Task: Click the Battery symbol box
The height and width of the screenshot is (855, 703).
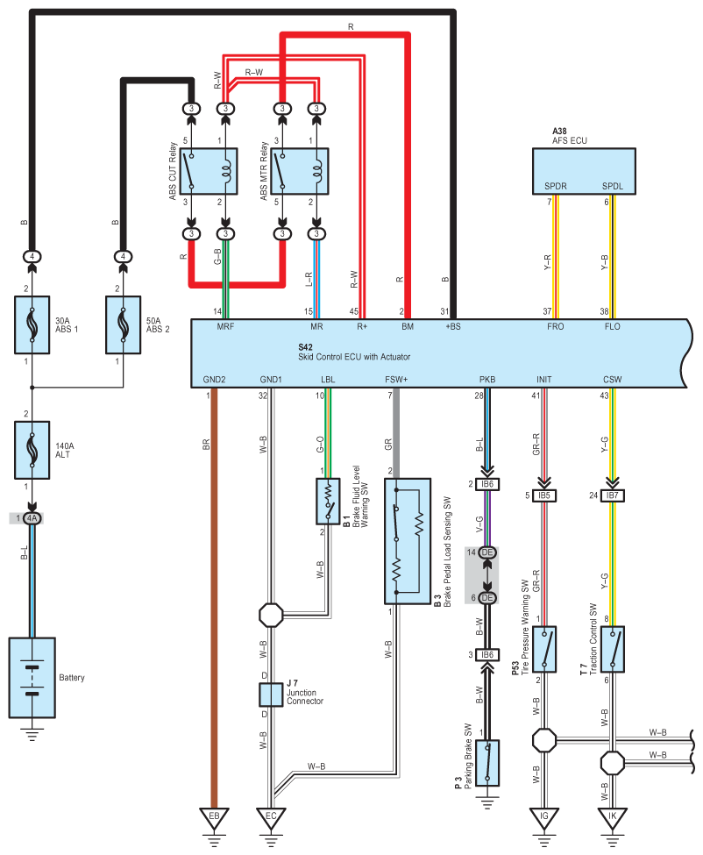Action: pos(32,677)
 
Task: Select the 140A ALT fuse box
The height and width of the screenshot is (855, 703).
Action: pos(32,450)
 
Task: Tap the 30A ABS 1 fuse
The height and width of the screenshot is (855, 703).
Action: pos(32,325)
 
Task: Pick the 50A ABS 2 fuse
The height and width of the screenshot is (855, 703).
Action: pos(124,325)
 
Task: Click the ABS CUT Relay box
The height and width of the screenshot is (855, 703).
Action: pos(209,171)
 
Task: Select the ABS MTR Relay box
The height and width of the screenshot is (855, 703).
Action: pos(300,171)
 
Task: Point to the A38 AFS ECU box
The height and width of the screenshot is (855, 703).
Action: pos(584,171)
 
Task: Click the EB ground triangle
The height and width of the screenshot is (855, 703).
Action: pos(214,817)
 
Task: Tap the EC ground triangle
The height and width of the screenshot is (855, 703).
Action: pos(271,817)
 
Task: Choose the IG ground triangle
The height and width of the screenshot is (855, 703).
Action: pos(543,817)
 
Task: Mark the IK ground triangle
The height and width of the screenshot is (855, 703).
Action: pos(612,817)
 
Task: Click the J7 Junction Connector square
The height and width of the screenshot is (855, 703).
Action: pos(271,695)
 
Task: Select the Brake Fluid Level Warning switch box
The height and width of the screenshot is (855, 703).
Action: pos(328,502)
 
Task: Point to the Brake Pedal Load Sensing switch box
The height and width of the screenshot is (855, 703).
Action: pos(408,541)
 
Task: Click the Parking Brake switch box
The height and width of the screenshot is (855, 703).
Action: pos(487,763)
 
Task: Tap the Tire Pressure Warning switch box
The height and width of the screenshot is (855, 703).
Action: pos(543,649)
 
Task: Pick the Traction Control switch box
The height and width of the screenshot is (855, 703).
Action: pos(612,649)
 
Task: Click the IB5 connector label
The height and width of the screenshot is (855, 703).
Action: pos(543,495)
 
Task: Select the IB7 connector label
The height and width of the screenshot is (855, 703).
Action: pos(612,495)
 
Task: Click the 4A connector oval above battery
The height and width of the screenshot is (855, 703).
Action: pos(32,518)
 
